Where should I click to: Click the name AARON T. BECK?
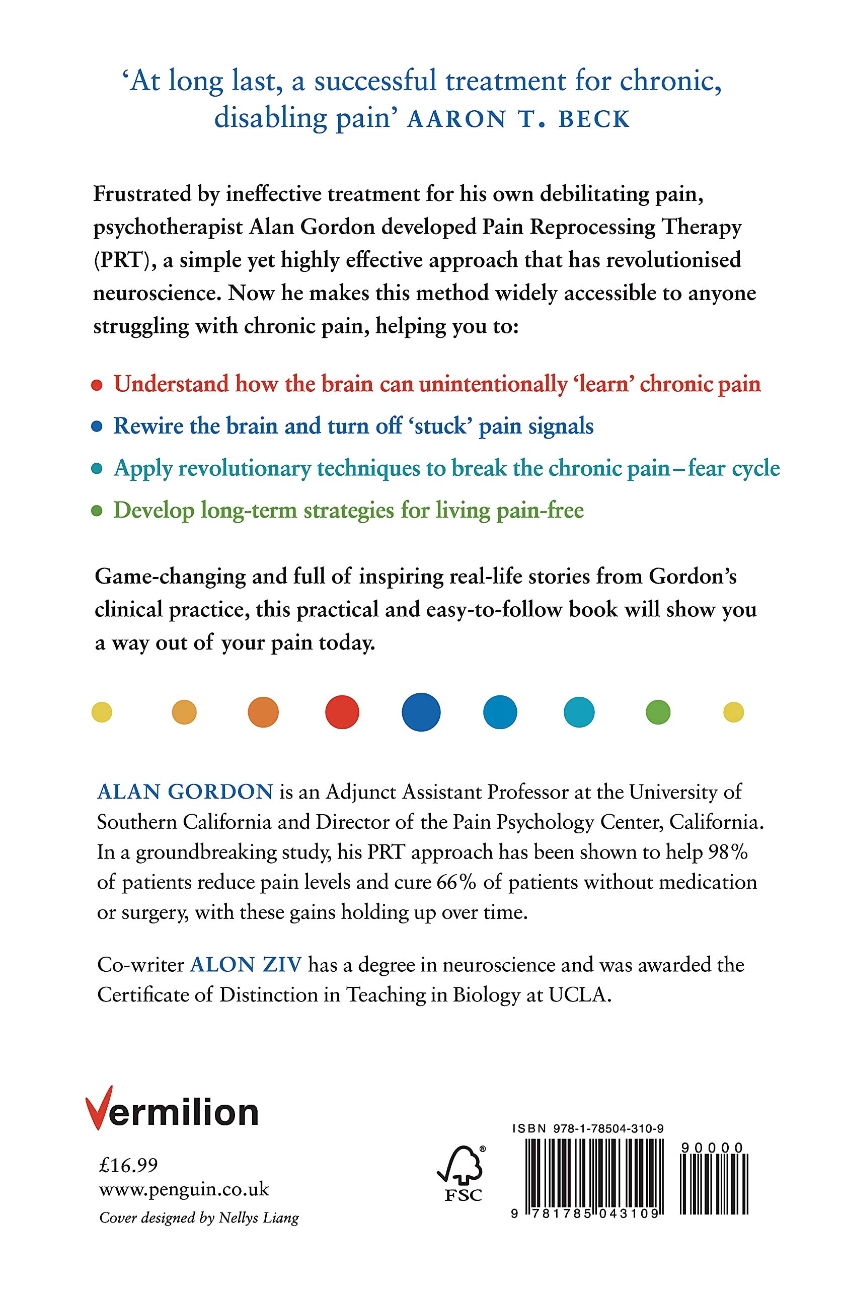(518, 119)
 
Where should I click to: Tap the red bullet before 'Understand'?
(97, 385)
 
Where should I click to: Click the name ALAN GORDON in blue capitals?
(185, 792)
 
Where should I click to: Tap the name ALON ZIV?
(246, 965)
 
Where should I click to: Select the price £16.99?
(128, 1165)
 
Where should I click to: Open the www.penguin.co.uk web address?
(184, 1189)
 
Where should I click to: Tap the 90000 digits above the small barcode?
(712, 1148)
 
